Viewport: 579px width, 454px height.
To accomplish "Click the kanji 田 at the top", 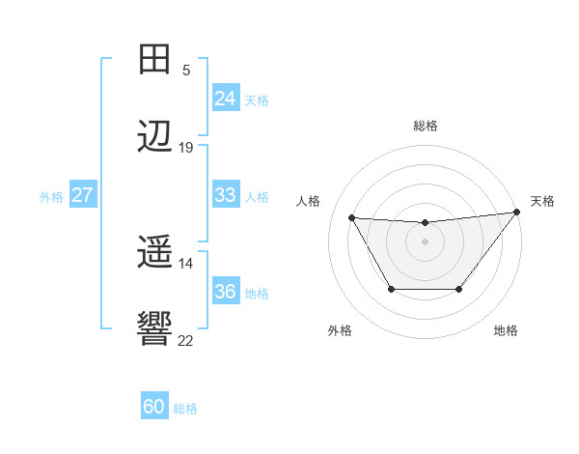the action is (154, 60).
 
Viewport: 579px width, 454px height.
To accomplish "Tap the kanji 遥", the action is (154, 254).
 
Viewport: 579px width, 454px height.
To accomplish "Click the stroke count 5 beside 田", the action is (185, 71).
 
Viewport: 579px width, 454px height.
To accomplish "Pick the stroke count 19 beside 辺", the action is (186, 148).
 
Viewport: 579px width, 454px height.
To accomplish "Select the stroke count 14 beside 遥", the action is (186, 264).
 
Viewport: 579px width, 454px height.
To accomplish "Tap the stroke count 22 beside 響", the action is (186, 341).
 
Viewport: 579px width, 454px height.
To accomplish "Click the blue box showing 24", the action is (225, 99).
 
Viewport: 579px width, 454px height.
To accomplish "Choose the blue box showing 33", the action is (225, 195).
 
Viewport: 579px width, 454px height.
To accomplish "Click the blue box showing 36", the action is (225, 292).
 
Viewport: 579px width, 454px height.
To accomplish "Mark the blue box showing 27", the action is (82, 195).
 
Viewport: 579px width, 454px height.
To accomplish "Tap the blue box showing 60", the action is (154, 408).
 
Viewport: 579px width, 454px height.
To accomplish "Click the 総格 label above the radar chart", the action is (425, 126).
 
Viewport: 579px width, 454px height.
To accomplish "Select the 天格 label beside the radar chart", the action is (542, 201).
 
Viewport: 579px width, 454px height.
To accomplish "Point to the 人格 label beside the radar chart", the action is (309, 201).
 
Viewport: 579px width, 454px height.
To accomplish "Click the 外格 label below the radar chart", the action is (340, 331).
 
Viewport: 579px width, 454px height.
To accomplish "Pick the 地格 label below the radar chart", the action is (506, 331).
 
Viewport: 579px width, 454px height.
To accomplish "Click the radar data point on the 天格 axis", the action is (516, 213).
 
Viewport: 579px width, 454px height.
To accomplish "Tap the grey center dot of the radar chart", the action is (425, 241).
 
